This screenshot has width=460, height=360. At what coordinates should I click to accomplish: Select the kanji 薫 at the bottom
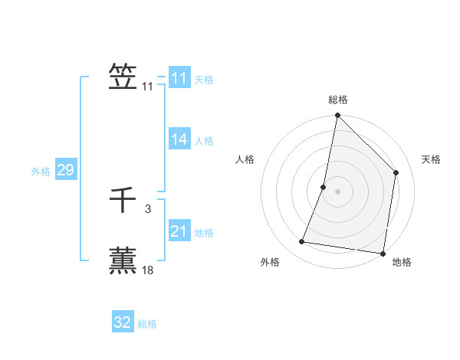(x=123, y=260)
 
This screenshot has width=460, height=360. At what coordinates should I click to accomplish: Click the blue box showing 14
(x=179, y=139)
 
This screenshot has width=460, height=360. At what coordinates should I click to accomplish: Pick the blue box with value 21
(x=179, y=231)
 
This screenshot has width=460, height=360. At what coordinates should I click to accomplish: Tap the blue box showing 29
(x=65, y=170)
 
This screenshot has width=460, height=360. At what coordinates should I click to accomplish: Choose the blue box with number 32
(x=123, y=322)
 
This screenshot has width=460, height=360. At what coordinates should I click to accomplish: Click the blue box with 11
(x=179, y=78)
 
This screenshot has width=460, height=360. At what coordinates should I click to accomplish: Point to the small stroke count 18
(x=148, y=270)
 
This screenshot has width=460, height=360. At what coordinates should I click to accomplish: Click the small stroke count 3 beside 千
(x=147, y=208)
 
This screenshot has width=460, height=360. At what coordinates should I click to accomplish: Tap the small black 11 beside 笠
(x=147, y=87)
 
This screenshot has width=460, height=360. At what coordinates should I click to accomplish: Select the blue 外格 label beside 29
(x=41, y=172)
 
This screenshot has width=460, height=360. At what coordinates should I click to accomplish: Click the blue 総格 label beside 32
(x=147, y=324)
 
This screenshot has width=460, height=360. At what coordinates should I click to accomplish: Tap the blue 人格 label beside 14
(x=204, y=141)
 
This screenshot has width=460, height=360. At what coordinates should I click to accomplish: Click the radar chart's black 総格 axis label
(x=337, y=100)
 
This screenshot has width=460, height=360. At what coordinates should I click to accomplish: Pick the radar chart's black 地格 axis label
(x=402, y=263)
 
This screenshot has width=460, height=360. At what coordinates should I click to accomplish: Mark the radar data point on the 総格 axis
(x=337, y=116)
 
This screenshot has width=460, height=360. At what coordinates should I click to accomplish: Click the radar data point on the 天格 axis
(x=396, y=172)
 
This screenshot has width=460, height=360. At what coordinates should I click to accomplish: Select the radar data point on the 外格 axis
(x=302, y=242)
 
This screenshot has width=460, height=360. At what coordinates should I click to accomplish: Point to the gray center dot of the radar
(x=337, y=191)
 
